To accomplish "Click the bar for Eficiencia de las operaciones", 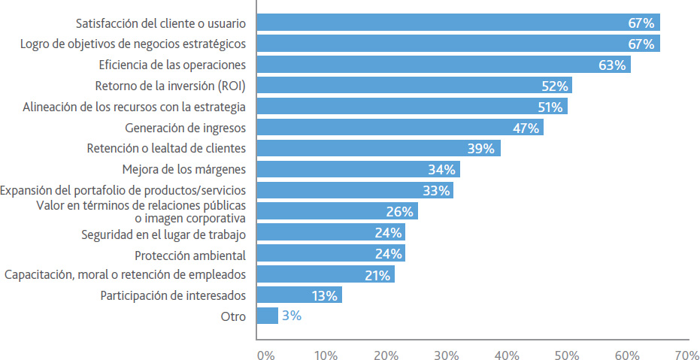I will point(444,65).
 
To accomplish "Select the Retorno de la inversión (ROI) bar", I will point(414,86).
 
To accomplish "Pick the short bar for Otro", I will point(267,316).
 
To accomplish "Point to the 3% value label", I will point(292,316).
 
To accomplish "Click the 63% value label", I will point(612,65).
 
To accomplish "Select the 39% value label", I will point(481,149).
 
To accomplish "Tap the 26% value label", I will point(398,212).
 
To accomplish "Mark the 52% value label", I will point(553,86).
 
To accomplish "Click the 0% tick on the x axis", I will point(265,354).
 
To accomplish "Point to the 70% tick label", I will point(686,354).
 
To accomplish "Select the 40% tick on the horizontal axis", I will point(506,354).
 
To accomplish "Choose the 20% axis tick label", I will point(386,354).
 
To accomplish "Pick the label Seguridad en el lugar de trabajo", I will point(163,234).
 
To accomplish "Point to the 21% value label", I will point(376,275).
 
